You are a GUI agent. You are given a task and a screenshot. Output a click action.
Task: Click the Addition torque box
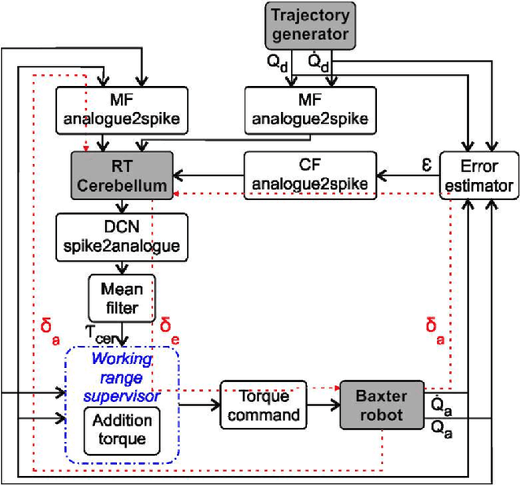click(121, 429)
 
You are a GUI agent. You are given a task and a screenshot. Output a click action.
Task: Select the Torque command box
click(262, 405)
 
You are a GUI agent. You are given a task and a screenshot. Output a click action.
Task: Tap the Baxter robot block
click(381, 405)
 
